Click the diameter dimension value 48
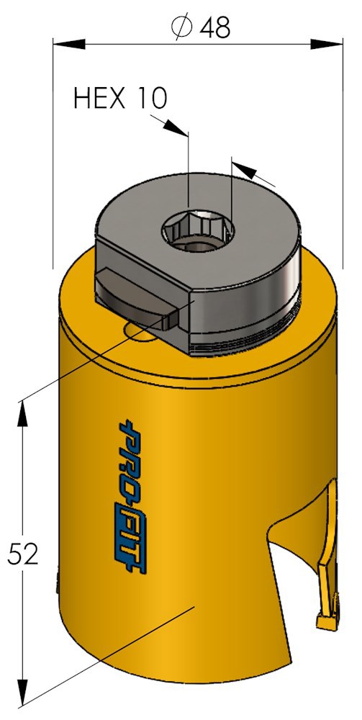[214, 27]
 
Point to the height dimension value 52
[22, 554]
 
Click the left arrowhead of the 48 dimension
[69, 44]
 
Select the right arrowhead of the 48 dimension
[327, 44]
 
